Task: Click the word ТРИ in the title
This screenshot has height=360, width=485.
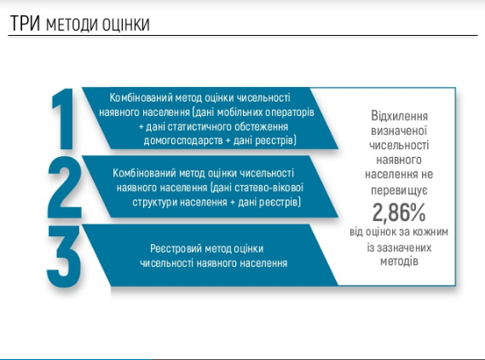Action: click(25, 23)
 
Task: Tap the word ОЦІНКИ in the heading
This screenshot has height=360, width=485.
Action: click(126, 25)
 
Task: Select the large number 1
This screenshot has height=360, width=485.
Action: click(63, 119)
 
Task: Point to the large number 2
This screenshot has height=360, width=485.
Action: click(64, 188)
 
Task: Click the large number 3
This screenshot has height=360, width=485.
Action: click(64, 256)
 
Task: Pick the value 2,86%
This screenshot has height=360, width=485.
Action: click(399, 212)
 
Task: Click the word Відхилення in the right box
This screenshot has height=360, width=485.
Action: click(399, 116)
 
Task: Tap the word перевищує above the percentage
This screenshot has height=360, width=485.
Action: click(399, 190)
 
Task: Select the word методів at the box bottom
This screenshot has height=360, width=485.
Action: click(399, 261)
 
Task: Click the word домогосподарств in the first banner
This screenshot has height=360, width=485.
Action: click(183, 141)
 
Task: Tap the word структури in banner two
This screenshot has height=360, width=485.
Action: click(154, 202)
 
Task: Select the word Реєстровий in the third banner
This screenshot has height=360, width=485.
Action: click(176, 248)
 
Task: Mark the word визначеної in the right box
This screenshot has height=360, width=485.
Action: click(399, 131)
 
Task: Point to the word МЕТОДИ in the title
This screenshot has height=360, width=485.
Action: click(72, 25)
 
